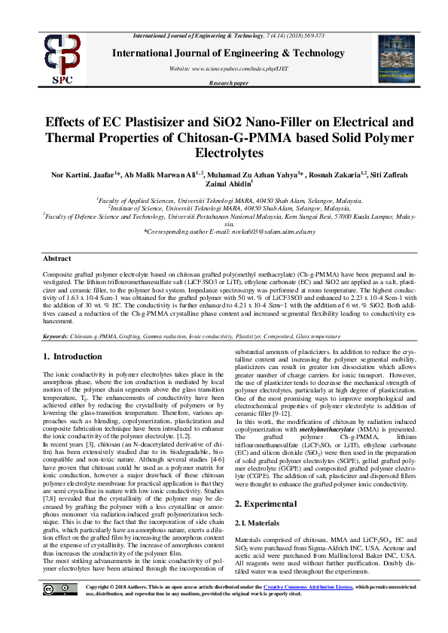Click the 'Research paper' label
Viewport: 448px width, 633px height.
click(x=229, y=83)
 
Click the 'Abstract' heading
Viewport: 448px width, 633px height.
click(x=57, y=258)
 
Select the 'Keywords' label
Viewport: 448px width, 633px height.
click(x=56, y=335)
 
